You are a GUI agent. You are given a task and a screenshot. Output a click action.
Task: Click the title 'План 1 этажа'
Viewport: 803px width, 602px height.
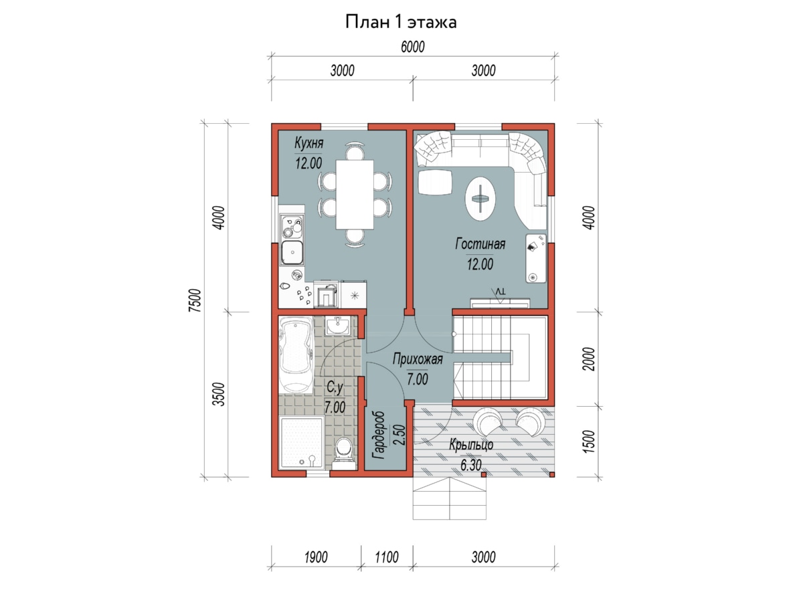[401, 22]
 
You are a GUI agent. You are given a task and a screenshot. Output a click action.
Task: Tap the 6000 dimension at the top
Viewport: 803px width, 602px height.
[413, 47]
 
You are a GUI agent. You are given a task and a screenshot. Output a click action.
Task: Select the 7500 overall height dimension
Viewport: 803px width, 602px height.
[195, 300]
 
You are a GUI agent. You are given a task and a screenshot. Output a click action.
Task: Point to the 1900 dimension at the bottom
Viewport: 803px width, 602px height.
[316, 557]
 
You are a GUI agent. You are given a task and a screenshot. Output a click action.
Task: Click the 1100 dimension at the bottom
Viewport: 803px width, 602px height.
[387, 557]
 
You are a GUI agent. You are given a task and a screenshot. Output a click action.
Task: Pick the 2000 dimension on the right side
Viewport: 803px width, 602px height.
[589, 359]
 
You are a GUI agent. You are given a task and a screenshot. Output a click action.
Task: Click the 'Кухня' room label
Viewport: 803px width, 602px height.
[308, 143]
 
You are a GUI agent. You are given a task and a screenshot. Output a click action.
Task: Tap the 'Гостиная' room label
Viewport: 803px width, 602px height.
[480, 243]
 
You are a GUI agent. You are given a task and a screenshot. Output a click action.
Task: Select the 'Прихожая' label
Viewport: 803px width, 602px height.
[418, 359]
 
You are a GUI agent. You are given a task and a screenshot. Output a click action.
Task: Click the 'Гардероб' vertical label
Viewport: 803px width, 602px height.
[378, 435]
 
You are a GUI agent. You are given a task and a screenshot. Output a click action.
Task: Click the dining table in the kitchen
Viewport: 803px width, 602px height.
[355, 195]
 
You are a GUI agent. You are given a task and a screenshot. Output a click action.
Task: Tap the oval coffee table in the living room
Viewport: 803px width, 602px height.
[480, 199]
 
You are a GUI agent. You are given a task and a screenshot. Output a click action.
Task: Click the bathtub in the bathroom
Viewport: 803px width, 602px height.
[296, 355]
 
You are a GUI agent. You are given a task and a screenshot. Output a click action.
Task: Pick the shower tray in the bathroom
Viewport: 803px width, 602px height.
[301, 442]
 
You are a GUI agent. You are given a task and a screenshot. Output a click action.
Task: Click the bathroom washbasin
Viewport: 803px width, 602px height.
[338, 326]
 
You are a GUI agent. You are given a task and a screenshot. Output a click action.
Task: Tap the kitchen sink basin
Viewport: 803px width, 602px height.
[292, 252]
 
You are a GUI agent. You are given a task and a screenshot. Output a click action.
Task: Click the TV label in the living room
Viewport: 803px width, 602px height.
[500, 292]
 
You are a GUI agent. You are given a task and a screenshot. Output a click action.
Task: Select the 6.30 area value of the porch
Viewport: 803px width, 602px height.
[471, 466]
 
